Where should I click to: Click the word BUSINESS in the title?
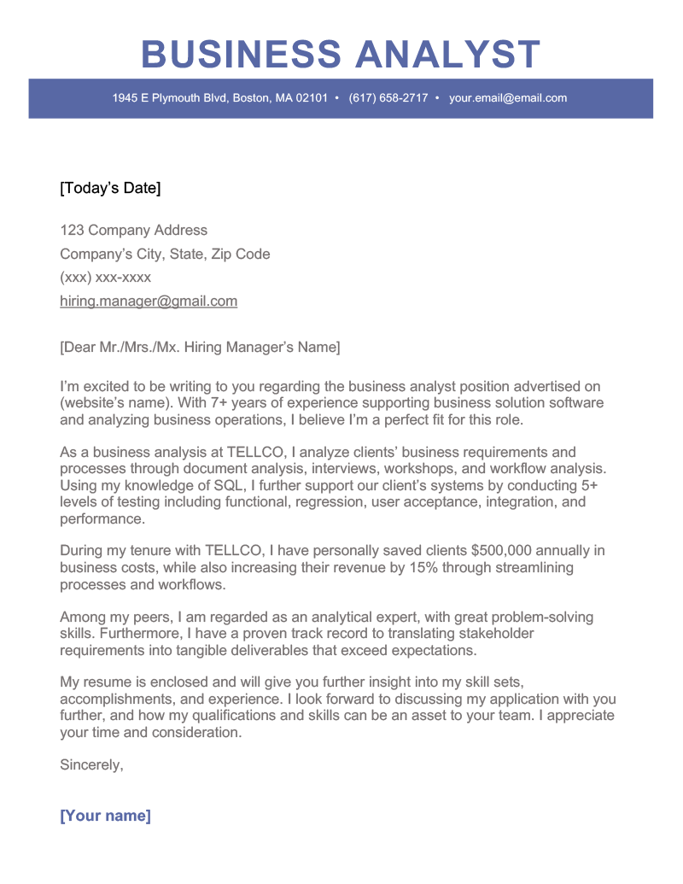pos(242,55)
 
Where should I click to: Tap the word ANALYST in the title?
pos(447,55)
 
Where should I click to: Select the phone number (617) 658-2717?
pos(388,98)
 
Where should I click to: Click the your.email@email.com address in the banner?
pos(508,98)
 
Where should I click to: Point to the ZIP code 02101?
pos(312,98)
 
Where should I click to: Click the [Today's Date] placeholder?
pos(110,188)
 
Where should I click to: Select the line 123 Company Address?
pos(133,230)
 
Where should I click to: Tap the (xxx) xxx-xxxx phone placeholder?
pos(105,278)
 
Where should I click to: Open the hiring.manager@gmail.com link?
pos(149,301)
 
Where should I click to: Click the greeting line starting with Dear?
pos(200,347)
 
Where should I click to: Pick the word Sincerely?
pos(91,765)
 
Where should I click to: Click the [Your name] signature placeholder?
pos(105,816)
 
